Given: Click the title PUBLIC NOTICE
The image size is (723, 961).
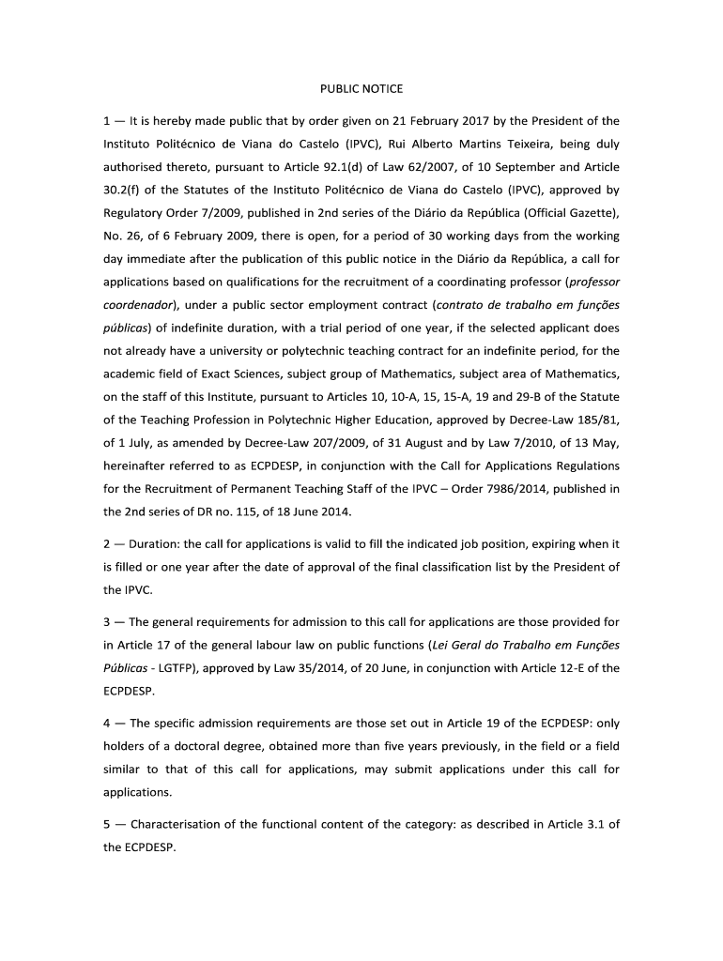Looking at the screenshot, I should (x=361, y=89).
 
